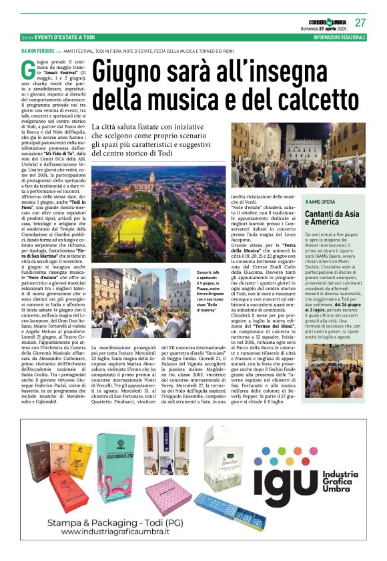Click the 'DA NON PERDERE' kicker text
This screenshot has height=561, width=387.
point(38,51)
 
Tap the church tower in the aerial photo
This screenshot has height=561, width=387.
point(163,175)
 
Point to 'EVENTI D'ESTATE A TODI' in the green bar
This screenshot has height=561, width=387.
point(67,37)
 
